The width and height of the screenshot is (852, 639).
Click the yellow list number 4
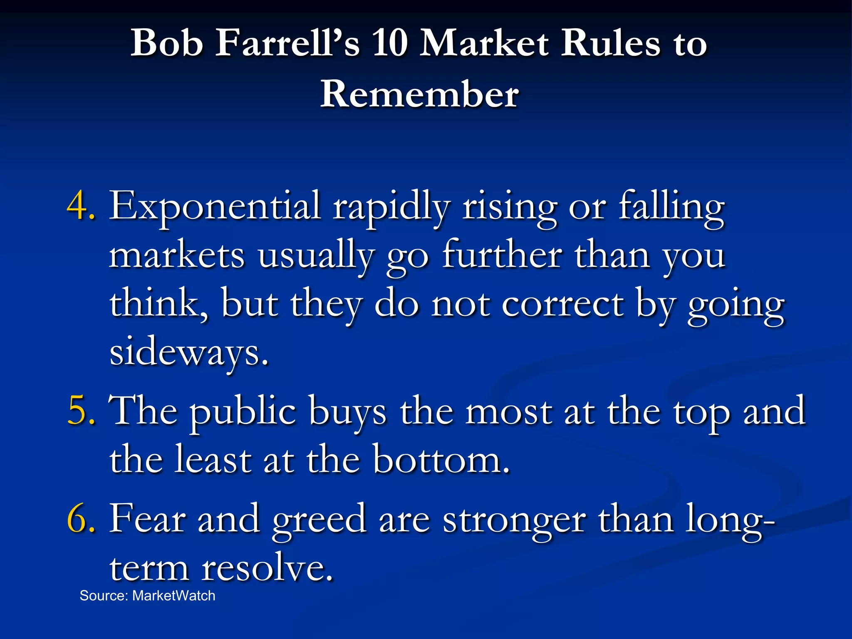[x=81, y=205]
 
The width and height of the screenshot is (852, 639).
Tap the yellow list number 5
[x=81, y=411]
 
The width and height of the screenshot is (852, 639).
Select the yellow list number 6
[x=81, y=519]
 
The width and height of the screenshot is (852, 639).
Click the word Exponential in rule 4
[x=214, y=205]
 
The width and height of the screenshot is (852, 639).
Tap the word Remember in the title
[x=419, y=94]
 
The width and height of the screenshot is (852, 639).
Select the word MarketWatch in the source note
[x=173, y=596]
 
